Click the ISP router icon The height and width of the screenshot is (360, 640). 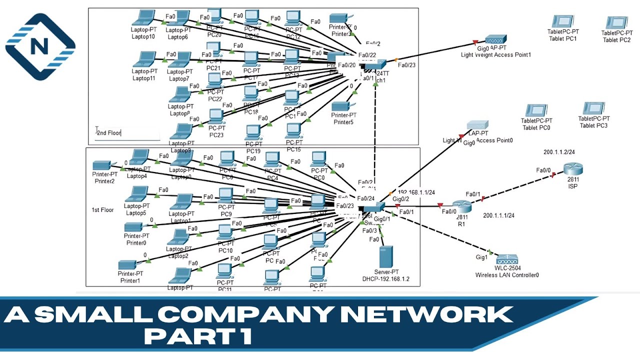573,170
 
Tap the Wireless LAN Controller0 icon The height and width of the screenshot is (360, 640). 507,259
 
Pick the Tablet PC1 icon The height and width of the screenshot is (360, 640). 562,21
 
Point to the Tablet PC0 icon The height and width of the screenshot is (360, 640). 536,110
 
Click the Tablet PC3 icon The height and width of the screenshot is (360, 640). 593,108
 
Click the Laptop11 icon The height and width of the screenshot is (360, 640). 143,59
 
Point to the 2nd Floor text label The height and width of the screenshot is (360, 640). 109,133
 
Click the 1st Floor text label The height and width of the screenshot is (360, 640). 102,210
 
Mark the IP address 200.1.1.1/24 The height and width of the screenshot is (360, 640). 498,215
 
